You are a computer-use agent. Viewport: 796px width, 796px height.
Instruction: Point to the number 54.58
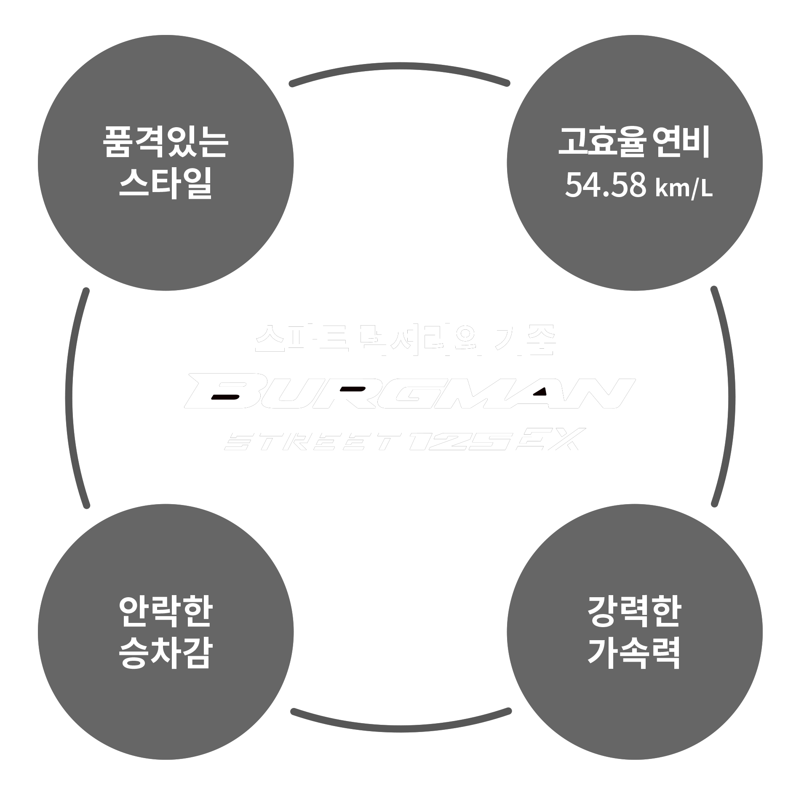(x=605, y=186)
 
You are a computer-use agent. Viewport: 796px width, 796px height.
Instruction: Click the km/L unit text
(x=684, y=188)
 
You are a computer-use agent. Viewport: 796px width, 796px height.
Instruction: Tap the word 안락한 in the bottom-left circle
(x=166, y=612)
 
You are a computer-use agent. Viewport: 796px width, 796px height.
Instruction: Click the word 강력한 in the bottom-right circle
(x=634, y=612)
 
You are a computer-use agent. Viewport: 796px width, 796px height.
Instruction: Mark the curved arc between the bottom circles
(x=400, y=728)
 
